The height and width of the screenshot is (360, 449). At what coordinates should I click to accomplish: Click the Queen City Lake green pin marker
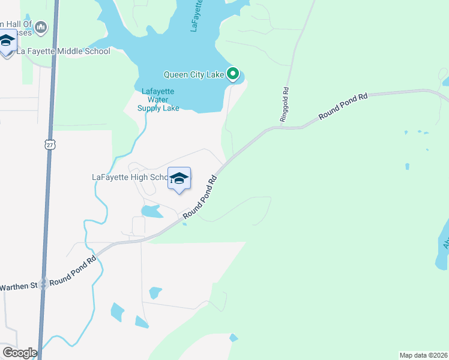[x=233, y=74]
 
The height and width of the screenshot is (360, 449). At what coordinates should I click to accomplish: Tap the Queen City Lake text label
[x=194, y=75]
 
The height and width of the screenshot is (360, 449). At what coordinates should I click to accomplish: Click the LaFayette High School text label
[x=129, y=178]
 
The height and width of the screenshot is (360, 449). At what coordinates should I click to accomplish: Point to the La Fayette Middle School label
[x=63, y=51]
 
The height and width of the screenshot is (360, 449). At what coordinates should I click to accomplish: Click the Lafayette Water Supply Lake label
[x=158, y=100]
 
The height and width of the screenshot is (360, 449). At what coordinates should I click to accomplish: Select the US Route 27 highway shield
[x=49, y=144]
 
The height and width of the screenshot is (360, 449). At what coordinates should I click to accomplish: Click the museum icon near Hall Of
[x=41, y=27]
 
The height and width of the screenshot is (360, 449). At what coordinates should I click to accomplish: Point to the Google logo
[x=20, y=353]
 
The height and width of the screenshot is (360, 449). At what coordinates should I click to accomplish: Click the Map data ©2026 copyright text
[x=423, y=355]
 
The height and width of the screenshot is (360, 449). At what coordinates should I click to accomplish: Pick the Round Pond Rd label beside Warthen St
[x=73, y=272]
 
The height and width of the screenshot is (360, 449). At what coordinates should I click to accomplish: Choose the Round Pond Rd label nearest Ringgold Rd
[x=343, y=106]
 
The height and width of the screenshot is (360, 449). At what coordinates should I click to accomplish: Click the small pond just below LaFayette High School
[x=151, y=211]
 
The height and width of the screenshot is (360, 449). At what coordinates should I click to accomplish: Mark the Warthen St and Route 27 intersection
[x=43, y=286]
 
